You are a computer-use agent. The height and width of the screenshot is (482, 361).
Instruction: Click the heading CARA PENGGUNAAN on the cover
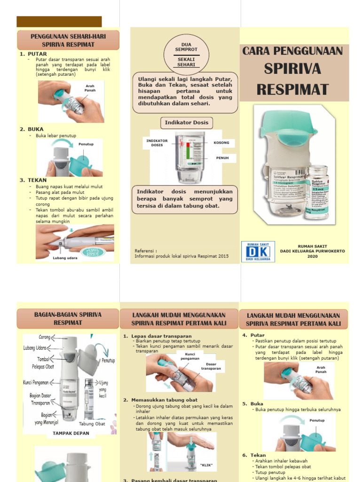click(293, 51)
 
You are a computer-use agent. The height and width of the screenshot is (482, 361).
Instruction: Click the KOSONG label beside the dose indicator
click(221, 142)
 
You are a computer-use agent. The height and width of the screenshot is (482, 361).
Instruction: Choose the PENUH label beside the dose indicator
click(222, 158)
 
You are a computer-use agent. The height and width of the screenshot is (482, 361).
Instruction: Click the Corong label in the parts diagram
click(44, 337)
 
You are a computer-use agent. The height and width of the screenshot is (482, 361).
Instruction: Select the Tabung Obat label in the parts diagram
click(92, 424)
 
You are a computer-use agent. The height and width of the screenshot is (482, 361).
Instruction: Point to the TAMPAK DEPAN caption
click(71, 434)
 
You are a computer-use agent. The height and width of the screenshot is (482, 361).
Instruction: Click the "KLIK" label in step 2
click(206, 465)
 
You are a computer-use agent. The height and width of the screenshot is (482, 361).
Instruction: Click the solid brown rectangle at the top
click(59, 22)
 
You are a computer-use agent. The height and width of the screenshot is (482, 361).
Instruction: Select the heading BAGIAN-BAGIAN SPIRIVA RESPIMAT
click(68, 319)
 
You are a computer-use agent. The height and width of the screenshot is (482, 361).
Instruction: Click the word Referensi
click(146, 251)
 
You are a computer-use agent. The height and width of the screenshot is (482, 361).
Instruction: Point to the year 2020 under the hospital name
click(312, 257)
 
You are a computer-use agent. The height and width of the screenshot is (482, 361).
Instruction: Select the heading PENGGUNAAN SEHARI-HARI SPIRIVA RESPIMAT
click(68, 40)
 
